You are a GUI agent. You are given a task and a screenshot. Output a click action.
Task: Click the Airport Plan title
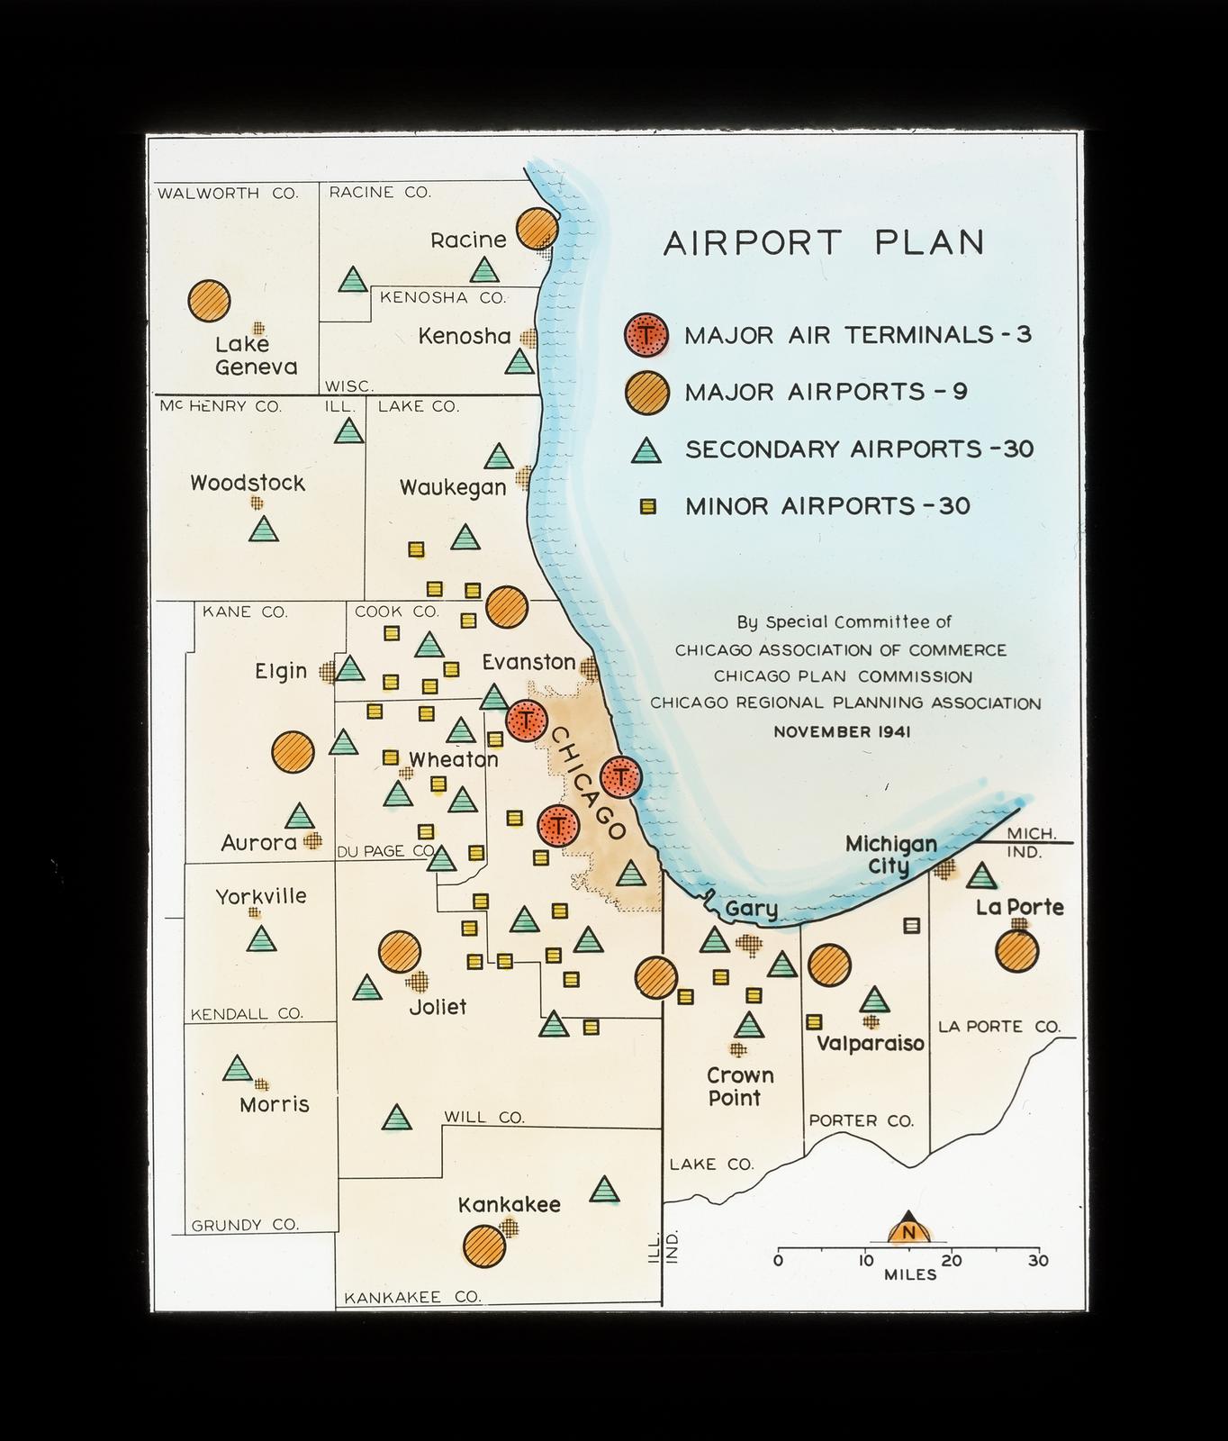point(824,243)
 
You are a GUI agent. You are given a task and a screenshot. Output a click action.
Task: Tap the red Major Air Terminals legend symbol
point(646,335)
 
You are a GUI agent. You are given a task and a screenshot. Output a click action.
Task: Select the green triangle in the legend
point(646,450)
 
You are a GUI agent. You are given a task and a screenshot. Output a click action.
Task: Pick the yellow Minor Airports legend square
point(646,507)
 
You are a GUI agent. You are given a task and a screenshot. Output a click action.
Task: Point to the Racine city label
point(468,240)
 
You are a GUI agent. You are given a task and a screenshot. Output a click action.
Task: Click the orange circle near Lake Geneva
point(209,301)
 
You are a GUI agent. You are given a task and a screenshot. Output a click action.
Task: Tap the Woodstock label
point(248,484)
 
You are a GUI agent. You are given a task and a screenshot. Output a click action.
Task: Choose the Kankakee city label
point(510,1205)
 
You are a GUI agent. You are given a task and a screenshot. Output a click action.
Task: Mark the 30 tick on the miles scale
point(1038,1261)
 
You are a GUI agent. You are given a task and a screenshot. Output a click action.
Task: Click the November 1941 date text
point(842,732)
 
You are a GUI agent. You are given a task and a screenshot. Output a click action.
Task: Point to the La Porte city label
point(1020,907)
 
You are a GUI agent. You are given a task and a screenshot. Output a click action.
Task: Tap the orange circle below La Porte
point(1017,950)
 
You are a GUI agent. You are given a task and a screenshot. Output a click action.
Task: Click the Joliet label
point(438,1007)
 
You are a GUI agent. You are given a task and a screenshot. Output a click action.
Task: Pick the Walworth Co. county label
point(228,193)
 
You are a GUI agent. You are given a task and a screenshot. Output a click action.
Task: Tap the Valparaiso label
point(871,1044)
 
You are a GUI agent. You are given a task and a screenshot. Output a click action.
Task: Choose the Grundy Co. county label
point(245,1225)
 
